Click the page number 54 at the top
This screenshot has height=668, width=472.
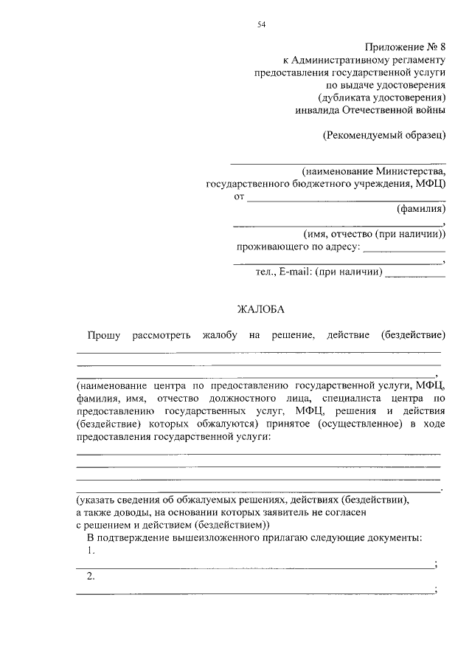click(261, 24)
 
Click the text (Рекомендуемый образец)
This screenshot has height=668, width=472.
click(384, 135)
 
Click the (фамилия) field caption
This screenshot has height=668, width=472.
click(421, 209)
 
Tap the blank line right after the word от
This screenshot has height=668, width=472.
click(346, 199)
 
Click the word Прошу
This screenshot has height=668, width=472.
click(103, 335)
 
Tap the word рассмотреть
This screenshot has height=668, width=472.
click(161, 335)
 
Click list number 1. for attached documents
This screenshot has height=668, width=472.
click(91, 551)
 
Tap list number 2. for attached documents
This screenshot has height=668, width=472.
click(91, 576)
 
